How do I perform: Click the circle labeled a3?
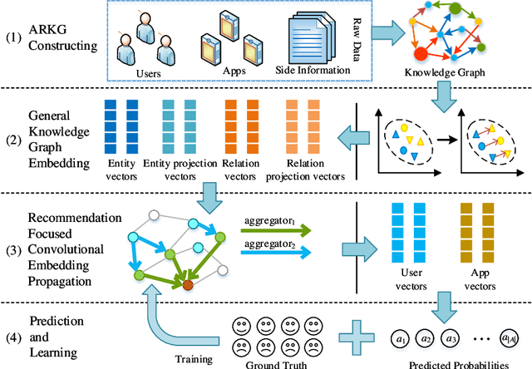coord(451,338)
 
